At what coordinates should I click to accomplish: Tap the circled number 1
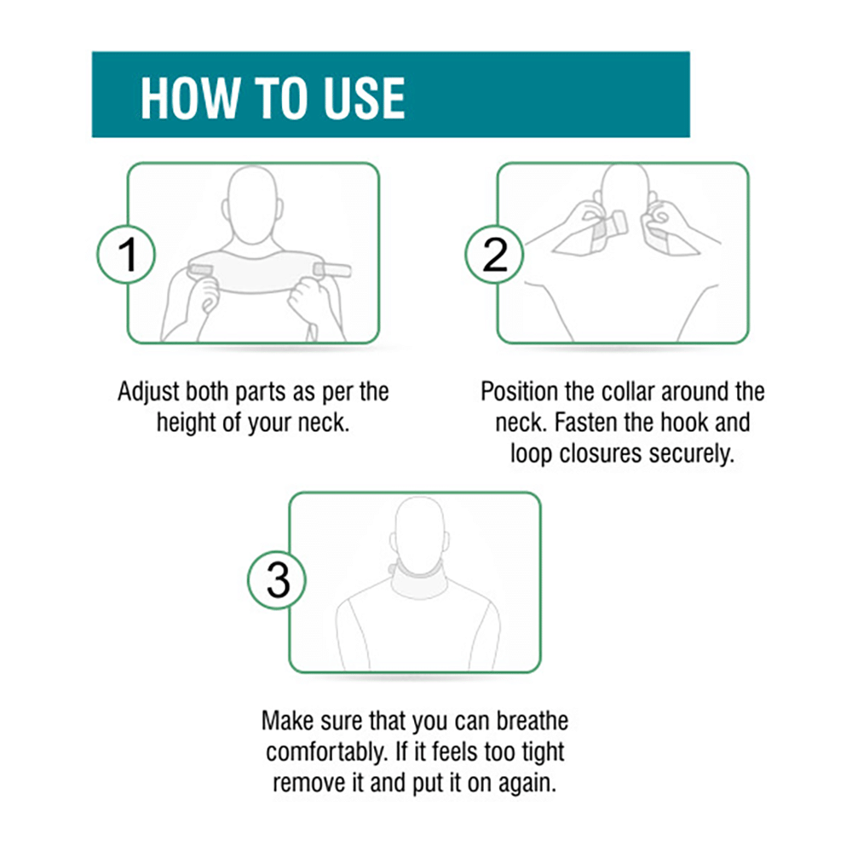[x=127, y=254]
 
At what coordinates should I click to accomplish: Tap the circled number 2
[x=496, y=254]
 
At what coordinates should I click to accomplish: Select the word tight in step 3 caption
[x=540, y=752]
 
